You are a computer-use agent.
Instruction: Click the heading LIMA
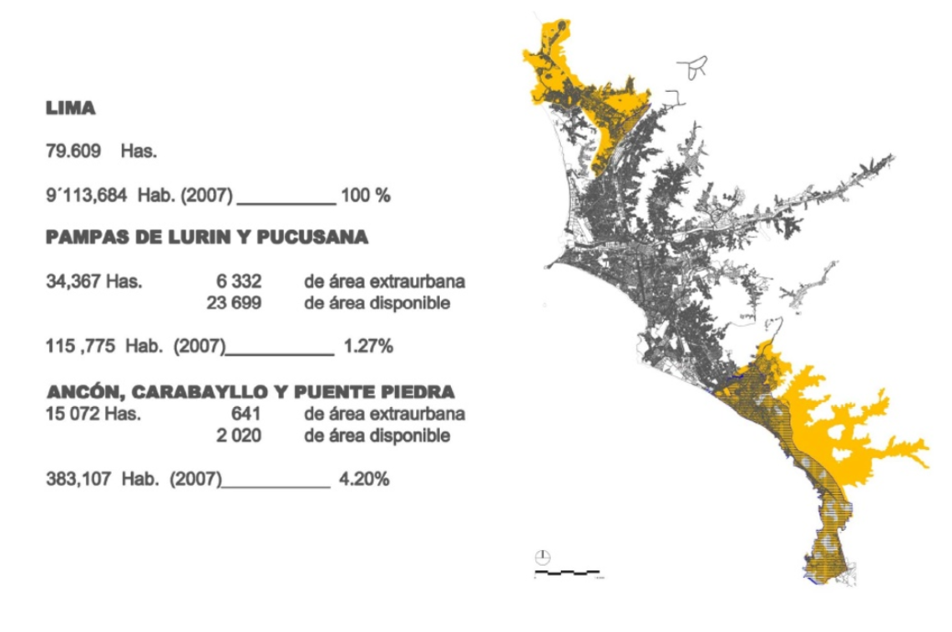[70, 109]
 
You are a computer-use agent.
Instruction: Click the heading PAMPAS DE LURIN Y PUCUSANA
[206, 237]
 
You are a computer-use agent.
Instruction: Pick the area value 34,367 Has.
[94, 282]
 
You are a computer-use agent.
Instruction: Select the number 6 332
[238, 282]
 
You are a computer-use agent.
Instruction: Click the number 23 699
[234, 303]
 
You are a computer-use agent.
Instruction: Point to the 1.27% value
[367, 346]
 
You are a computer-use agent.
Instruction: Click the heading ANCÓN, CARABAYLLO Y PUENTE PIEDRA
[251, 391]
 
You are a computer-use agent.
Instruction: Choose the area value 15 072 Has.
[93, 413]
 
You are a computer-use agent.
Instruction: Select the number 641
[248, 413]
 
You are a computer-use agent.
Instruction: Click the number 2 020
[239, 435]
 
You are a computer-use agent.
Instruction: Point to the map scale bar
[568, 573]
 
